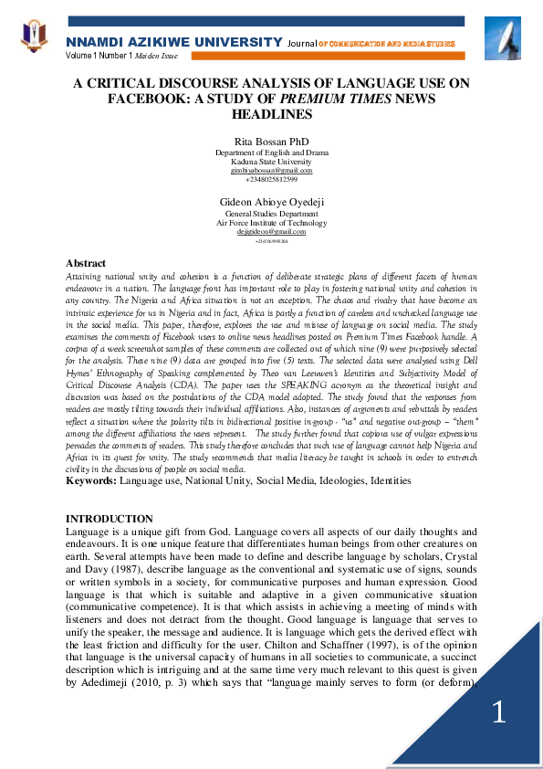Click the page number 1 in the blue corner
[498, 712]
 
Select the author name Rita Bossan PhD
[271, 142]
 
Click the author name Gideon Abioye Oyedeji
[271, 201]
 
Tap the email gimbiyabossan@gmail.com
[271, 170]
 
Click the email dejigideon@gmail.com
[271, 232]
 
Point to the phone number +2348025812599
[271, 179]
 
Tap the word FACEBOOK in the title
[141, 99]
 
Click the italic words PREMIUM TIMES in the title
[331, 99]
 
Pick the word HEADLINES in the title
[271, 114]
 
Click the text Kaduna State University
[271, 161]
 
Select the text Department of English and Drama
[271, 152]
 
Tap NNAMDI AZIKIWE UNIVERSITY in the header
[173, 43]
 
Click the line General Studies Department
[271, 213]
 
